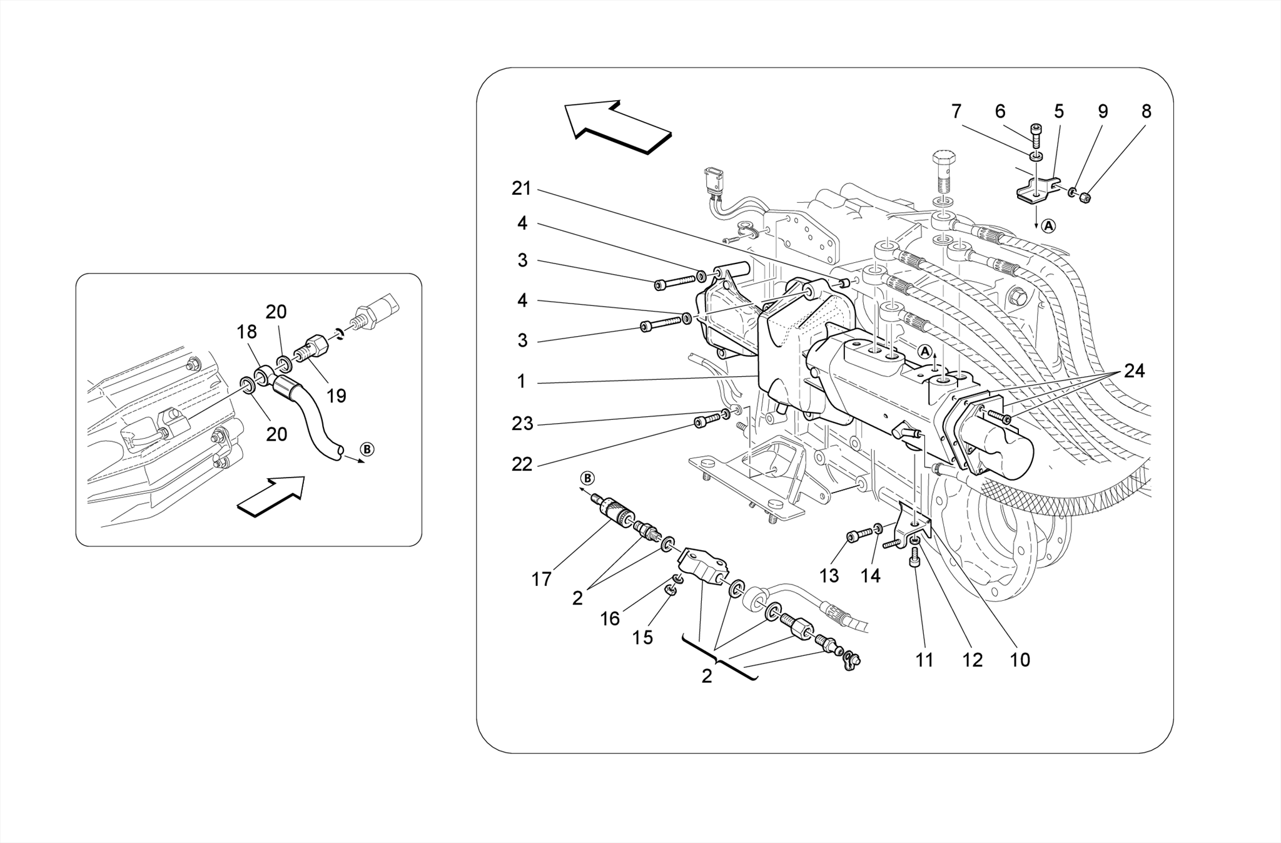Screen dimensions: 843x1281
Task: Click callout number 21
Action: (x=521, y=188)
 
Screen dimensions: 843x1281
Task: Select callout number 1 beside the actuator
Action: (x=522, y=381)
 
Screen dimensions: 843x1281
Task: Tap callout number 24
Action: (x=1134, y=371)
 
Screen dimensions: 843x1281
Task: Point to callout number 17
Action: (x=541, y=580)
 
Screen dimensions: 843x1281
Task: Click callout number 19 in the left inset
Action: (x=337, y=396)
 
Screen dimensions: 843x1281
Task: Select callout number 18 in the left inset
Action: (x=247, y=332)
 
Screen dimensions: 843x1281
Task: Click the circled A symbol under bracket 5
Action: (x=1048, y=226)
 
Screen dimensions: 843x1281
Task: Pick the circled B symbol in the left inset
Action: (x=368, y=449)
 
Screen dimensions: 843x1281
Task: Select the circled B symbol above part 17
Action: (x=587, y=478)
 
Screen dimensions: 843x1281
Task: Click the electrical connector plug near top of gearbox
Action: (x=714, y=180)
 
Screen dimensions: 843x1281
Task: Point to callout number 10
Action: (x=1020, y=660)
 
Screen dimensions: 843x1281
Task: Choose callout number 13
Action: (x=829, y=575)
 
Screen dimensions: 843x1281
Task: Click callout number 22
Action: (x=522, y=464)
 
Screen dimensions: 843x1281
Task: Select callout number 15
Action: (x=642, y=637)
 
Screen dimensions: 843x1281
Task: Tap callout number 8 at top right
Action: (x=1146, y=111)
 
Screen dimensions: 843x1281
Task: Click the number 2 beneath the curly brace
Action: (x=706, y=677)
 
